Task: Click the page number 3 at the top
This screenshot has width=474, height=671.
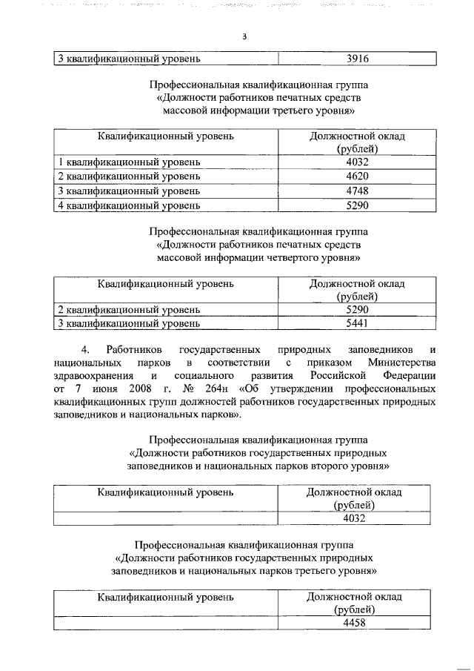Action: point(243,38)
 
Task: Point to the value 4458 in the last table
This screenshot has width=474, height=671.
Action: point(355,623)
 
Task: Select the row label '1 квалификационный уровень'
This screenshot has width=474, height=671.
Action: point(129,162)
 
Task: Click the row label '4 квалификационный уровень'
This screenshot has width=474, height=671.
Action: point(129,205)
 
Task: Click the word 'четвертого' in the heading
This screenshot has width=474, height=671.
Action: point(289,258)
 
